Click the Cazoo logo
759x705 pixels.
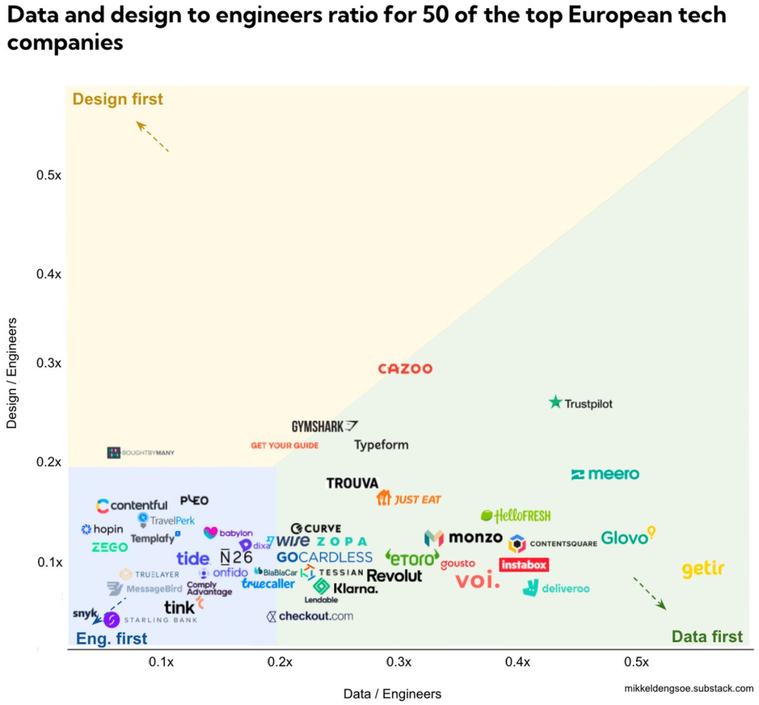click(406, 369)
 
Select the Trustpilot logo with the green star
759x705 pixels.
click(581, 404)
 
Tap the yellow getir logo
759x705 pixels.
click(703, 569)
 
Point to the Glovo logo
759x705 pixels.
click(627, 536)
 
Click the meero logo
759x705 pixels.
click(605, 474)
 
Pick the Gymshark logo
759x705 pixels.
click(324, 426)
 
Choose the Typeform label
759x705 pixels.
click(381, 445)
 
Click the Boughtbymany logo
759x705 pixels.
click(141, 453)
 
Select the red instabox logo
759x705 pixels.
click(524, 564)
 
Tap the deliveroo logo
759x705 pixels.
click(556, 588)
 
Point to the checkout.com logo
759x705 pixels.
click(310, 616)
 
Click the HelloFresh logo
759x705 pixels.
click(516, 516)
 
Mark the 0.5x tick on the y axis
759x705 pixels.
click(49, 175)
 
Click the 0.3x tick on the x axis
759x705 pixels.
click(398, 662)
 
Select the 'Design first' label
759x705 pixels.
click(117, 99)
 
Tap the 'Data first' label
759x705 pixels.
click(707, 637)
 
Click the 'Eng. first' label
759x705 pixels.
click(111, 639)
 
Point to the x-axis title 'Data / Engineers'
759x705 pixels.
click(392, 694)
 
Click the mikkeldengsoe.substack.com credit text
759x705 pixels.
click(688, 688)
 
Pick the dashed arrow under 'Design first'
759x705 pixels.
click(152, 136)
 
